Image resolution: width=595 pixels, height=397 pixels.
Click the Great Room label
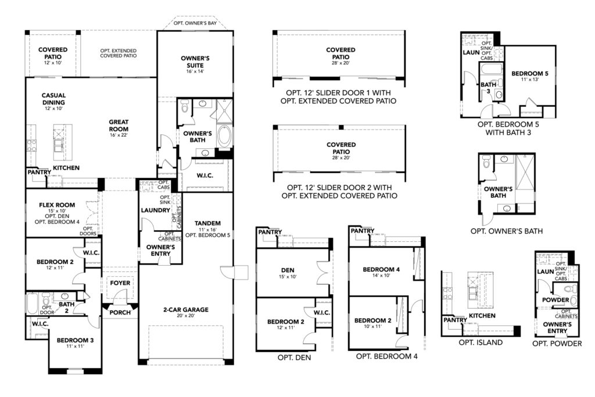pos(118,126)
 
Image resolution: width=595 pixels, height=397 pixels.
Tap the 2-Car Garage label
pos(186,310)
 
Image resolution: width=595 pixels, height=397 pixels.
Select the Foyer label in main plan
pos(120,283)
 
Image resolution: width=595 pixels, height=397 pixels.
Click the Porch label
pos(120,312)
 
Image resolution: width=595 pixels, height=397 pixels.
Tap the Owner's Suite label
pos(195,62)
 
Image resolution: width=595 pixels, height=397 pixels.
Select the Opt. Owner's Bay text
pos(195,24)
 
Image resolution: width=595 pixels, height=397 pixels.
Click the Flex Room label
pos(55,205)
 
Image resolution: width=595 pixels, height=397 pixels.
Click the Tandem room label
pos(207,223)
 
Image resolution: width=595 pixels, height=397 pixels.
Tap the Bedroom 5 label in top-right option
pos(529,74)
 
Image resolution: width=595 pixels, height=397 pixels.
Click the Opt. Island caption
pos(481,342)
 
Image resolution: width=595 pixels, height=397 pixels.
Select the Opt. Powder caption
pos(557,344)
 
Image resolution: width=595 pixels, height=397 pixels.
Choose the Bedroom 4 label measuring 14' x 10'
pos(381,269)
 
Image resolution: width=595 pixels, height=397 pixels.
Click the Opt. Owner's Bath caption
pos(506,231)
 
